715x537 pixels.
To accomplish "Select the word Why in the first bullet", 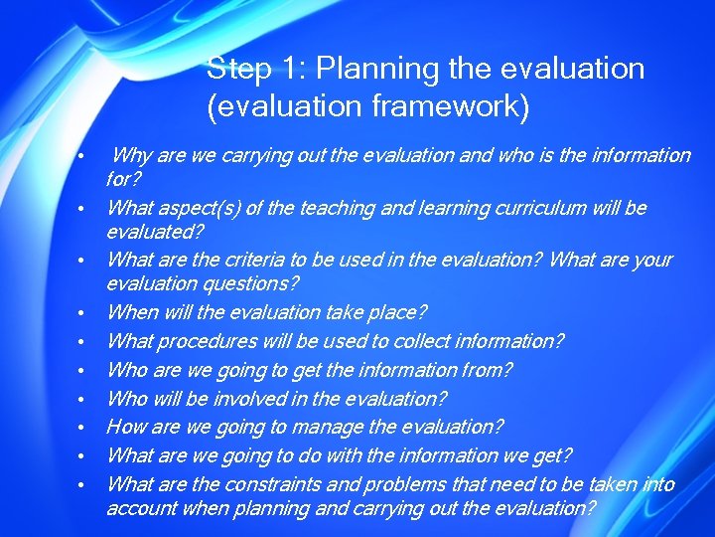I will [131, 155].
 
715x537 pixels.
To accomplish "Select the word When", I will [132, 313].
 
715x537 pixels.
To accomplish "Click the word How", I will [126, 428].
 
